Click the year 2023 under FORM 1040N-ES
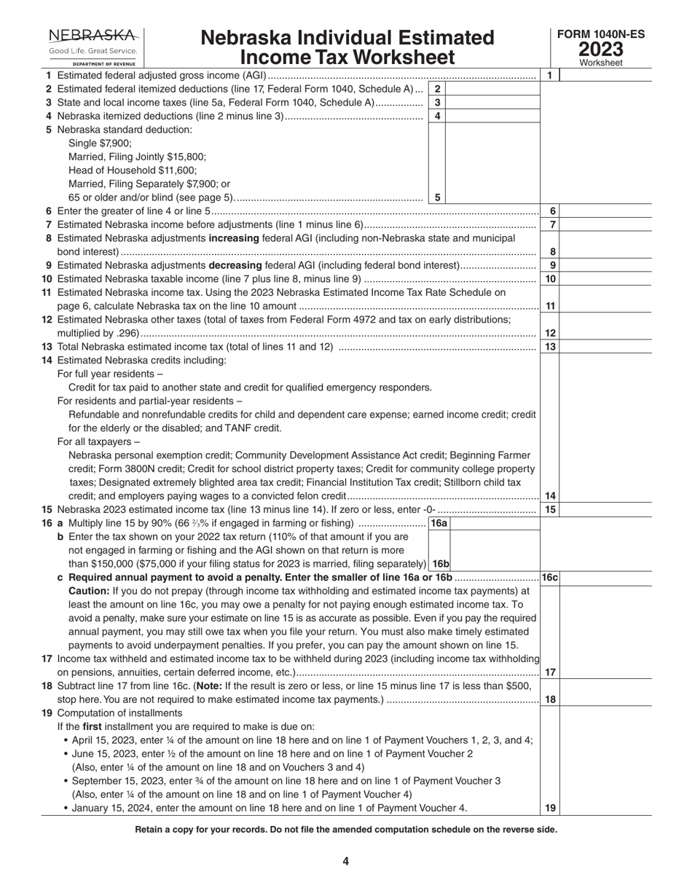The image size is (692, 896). (601, 50)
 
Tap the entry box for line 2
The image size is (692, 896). (492, 88)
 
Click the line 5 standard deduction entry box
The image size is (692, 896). (492, 197)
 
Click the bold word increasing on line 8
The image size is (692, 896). (233, 238)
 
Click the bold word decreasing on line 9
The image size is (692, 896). (236, 265)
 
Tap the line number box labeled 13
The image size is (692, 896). (551, 347)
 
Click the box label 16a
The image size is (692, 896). (439, 523)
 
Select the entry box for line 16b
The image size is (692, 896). (495, 564)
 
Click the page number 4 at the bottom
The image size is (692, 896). (346, 861)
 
